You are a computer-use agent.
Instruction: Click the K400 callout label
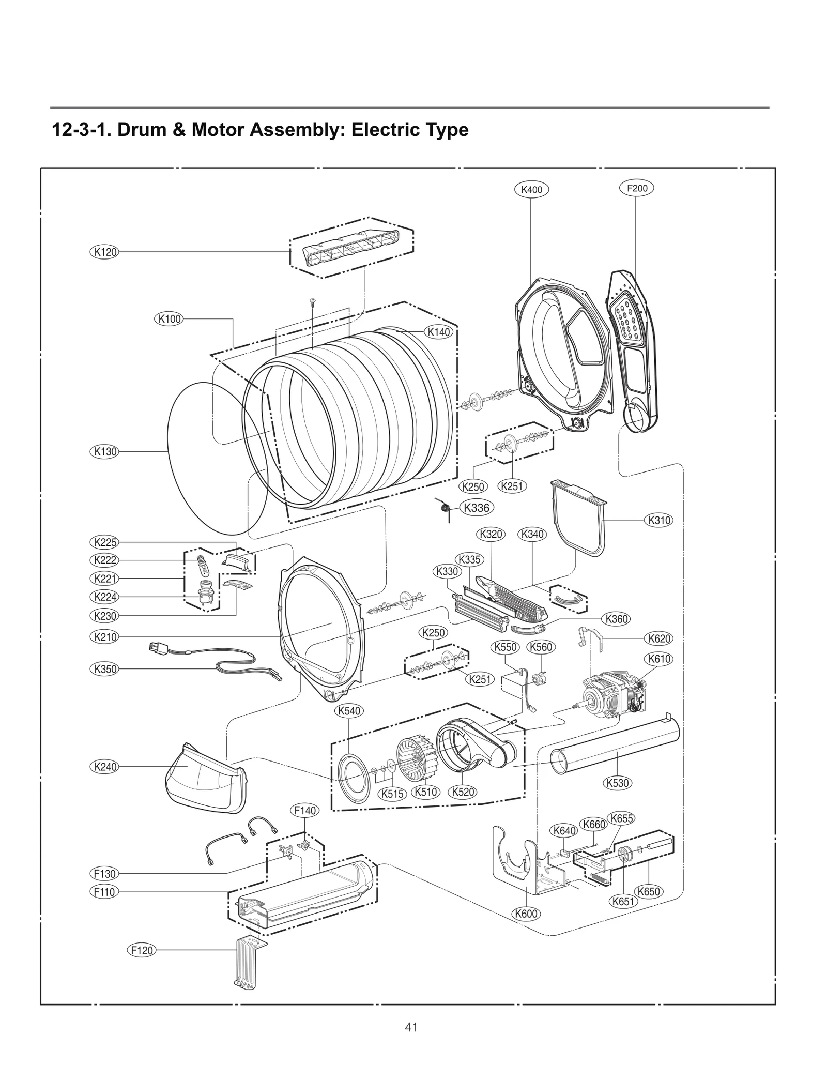pos(531,189)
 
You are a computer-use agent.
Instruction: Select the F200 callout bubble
pos(636,188)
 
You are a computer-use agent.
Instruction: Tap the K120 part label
pos(104,252)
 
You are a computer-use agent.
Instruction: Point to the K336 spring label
pos(476,508)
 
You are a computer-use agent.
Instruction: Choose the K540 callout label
pos(349,711)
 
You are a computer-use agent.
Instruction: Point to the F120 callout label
pos(142,950)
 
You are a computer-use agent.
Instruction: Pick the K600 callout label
pos(526,914)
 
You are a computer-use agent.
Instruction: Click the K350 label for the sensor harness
pos(104,669)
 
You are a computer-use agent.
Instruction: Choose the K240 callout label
pos(104,767)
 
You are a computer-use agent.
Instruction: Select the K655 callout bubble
pos(621,818)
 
